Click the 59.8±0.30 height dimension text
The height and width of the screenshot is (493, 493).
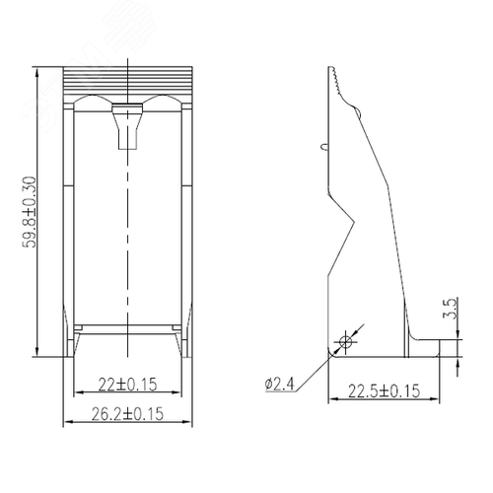click(x=29, y=212)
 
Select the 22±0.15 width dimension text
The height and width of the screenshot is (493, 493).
click(x=127, y=385)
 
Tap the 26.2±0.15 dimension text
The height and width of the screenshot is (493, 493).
click(x=127, y=414)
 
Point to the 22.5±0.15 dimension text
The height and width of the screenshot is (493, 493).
click(x=384, y=391)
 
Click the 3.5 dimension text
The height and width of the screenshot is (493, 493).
click(x=450, y=308)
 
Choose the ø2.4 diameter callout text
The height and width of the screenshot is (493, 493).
click(x=280, y=384)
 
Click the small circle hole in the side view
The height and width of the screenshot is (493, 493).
click(x=345, y=341)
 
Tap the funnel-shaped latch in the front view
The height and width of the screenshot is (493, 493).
click(x=127, y=126)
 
